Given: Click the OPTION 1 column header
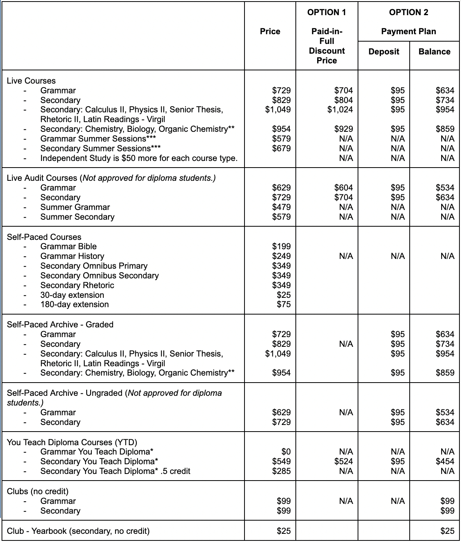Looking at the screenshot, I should coord(327,12).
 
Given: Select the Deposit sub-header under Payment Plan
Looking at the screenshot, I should coord(384,52).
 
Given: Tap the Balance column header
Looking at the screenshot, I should coord(434,52).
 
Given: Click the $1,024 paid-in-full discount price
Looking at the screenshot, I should coord(340,110).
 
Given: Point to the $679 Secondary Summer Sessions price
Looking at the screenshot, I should coord(281,148).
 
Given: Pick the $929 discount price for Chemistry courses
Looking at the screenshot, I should coord(343,129).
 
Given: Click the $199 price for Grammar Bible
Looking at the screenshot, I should coord(281,246).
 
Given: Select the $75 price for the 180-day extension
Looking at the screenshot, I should coord(283,304).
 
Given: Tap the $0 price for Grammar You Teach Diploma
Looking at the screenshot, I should coord(286,451).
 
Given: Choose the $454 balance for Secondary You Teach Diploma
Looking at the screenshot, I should coord(445,461).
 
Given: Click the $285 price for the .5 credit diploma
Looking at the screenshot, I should coord(281,471).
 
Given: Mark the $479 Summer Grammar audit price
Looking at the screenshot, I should coord(281,207).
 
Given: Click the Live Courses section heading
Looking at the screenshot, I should coord(31,81).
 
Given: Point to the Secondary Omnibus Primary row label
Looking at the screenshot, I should coord(94,266).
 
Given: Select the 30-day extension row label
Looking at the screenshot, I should coord(72,295).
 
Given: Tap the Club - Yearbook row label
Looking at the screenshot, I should coord(78,531).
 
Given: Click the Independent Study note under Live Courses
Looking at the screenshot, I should coord(139,158).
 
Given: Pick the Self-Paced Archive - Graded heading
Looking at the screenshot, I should coord(60,324).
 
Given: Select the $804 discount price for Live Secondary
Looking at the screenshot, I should coord(343,100).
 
